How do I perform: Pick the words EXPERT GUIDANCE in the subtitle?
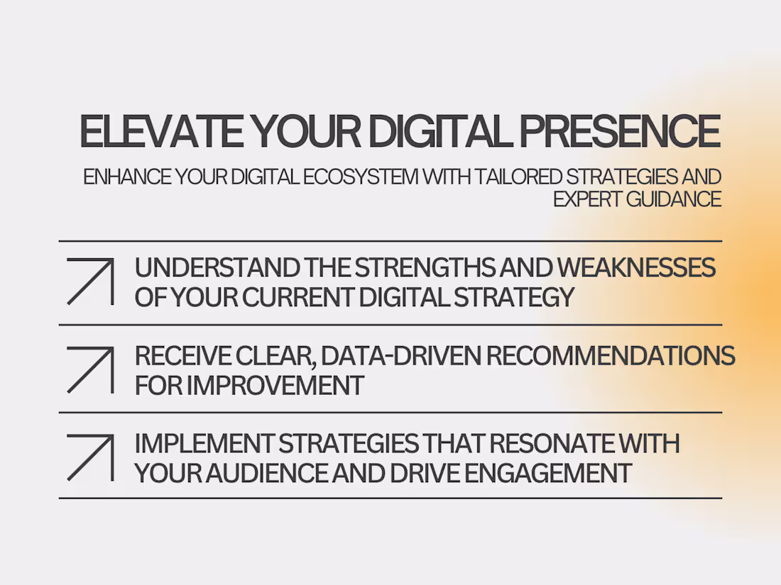coord(637,199)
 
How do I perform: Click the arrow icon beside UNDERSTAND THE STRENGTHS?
coord(90,282)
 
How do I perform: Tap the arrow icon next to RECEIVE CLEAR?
coord(90,369)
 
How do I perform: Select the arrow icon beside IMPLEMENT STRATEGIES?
coord(90,458)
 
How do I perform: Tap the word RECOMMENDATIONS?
coord(611,356)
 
